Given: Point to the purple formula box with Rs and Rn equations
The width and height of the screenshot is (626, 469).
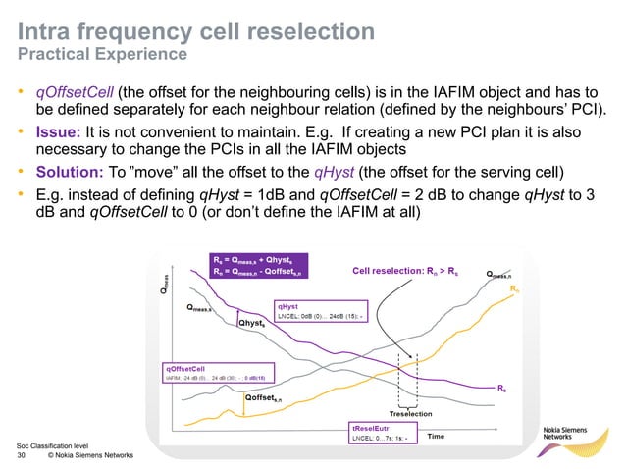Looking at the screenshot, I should (x=258, y=266).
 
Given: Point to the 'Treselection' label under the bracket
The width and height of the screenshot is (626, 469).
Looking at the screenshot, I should (x=417, y=413).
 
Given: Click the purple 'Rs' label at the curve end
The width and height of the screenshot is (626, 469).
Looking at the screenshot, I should (x=501, y=390).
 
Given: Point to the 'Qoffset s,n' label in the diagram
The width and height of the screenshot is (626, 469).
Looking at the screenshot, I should (x=263, y=398).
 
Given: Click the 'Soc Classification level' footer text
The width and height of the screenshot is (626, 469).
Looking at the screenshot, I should (x=46, y=444).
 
